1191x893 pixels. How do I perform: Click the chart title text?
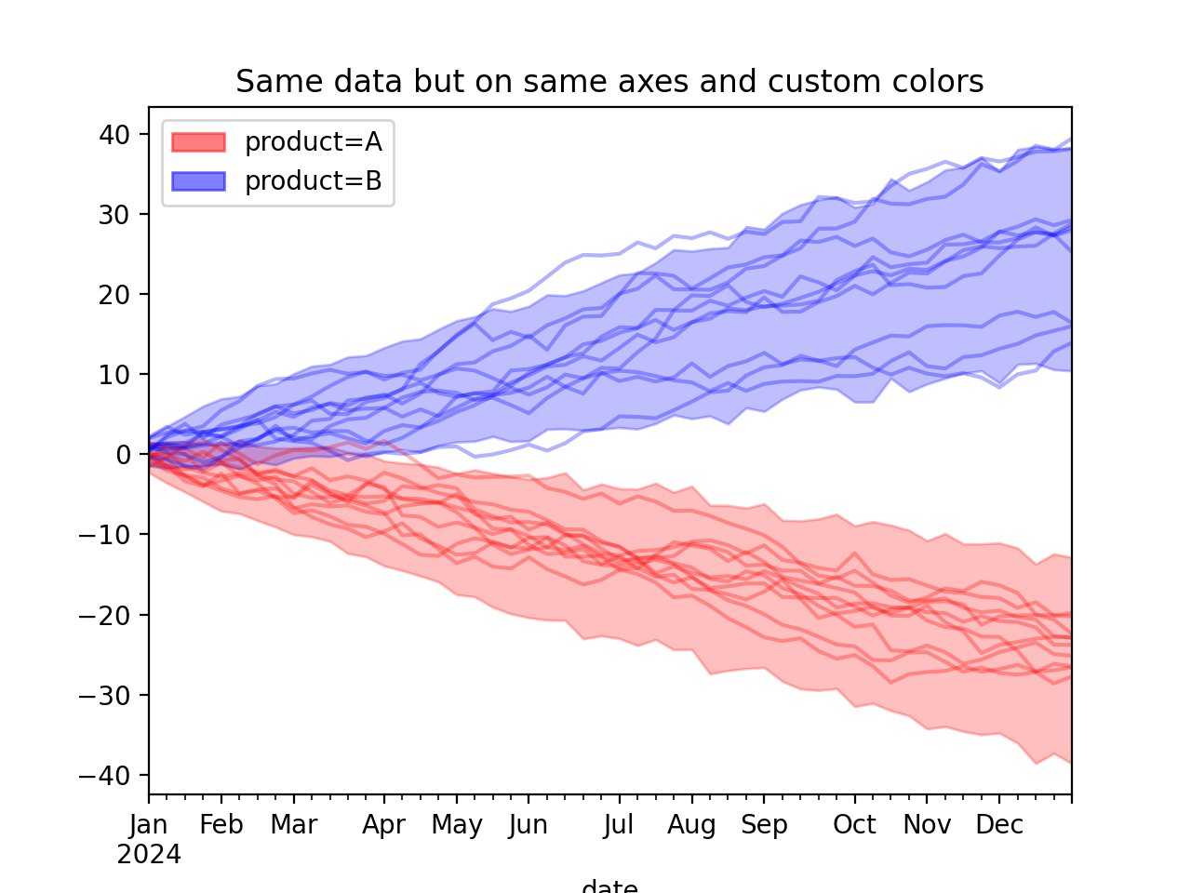tap(609, 82)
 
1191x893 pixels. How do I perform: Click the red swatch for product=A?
tap(198, 142)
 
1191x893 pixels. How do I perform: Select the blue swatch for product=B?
tap(198, 181)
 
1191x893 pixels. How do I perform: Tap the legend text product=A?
tap(313, 142)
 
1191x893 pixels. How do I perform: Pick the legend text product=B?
tap(313, 181)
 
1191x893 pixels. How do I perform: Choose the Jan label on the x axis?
tap(149, 825)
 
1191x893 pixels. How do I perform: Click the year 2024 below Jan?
tap(149, 855)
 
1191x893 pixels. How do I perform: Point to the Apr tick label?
tap(384, 825)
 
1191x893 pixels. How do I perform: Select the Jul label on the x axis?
tap(619, 825)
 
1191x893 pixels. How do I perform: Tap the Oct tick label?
tap(854, 825)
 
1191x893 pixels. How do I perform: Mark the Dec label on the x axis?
tap(999, 825)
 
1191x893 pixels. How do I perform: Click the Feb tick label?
tap(221, 825)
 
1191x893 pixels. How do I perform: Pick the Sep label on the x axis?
tap(764, 825)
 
